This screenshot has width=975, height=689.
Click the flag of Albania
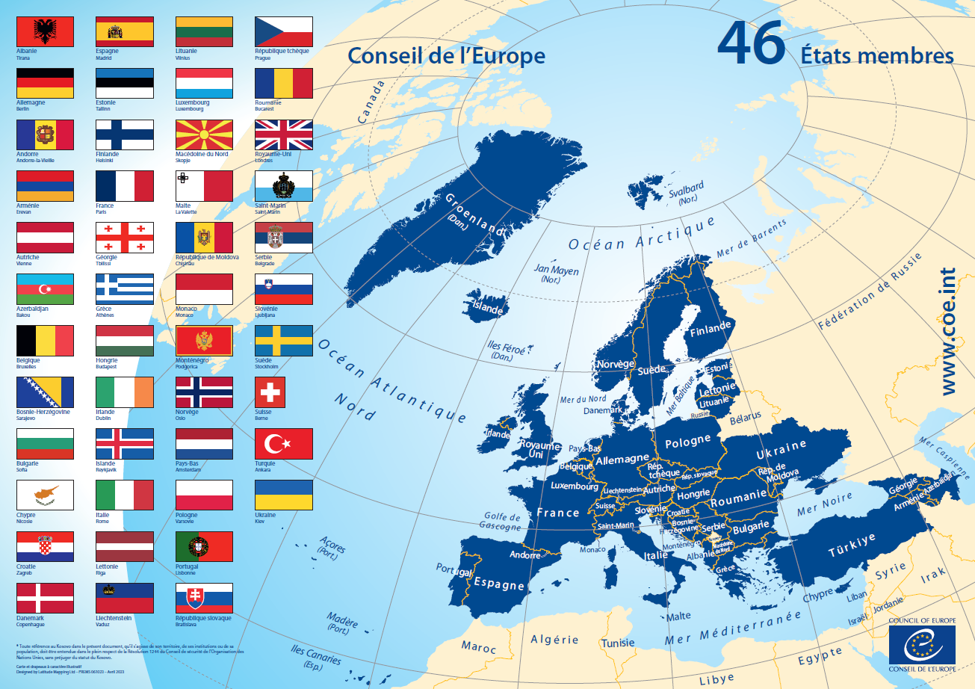tap(45, 31)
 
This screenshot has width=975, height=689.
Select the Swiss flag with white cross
tap(284, 392)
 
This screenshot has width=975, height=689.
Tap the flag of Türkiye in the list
tap(284, 444)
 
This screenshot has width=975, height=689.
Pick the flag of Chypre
tap(45, 495)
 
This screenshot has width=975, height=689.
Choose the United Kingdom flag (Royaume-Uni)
tap(284, 135)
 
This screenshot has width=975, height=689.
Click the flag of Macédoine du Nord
tap(204, 135)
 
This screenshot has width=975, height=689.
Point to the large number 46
tap(750, 43)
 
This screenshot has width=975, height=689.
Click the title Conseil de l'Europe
tap(446, 56)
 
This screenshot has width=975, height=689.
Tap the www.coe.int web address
tap(948, 332)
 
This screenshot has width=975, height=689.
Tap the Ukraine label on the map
tap(781, 450)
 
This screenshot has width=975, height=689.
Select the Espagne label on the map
tap(498, 582)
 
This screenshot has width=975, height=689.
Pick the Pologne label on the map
tap(687, 442)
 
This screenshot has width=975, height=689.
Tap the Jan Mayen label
tap(556, 271)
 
